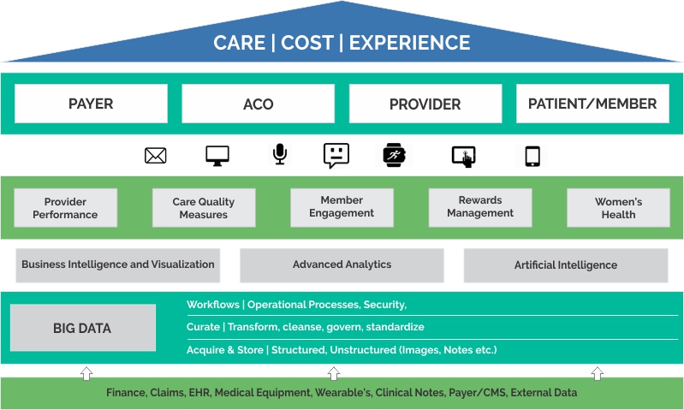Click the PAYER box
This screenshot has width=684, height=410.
[x=91, y=104]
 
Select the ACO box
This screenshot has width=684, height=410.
[x=259, y=104]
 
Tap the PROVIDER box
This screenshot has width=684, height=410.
[x=425, y=104]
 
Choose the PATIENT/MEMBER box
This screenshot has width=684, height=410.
[x=592, y=104]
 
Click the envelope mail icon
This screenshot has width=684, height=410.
[x=155, y=156]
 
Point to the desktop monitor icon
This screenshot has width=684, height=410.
[x=217, y=156]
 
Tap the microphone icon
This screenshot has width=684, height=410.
[x=280, y=154]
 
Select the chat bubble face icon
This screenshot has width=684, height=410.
[x=336, y=155]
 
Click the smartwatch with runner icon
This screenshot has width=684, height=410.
[x=395, y=155]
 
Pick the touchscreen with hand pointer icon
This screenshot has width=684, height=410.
[x=464, y=157]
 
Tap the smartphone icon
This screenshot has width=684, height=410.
[x=532, y=156]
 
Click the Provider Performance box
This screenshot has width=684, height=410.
[x=65, y=208]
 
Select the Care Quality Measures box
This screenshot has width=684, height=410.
[x=204, y=208]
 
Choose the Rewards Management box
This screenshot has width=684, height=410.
[x=480, y=208]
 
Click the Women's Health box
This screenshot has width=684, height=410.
[x=619, y=208]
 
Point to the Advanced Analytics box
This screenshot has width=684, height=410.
[x=342, y=265]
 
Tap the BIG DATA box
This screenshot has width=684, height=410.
[x=83, y=328]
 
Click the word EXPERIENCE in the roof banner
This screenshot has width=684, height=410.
[x=409, y=43]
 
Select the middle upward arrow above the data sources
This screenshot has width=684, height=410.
[x=334, y=373]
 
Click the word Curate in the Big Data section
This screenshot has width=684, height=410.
[x=203, y=327]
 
